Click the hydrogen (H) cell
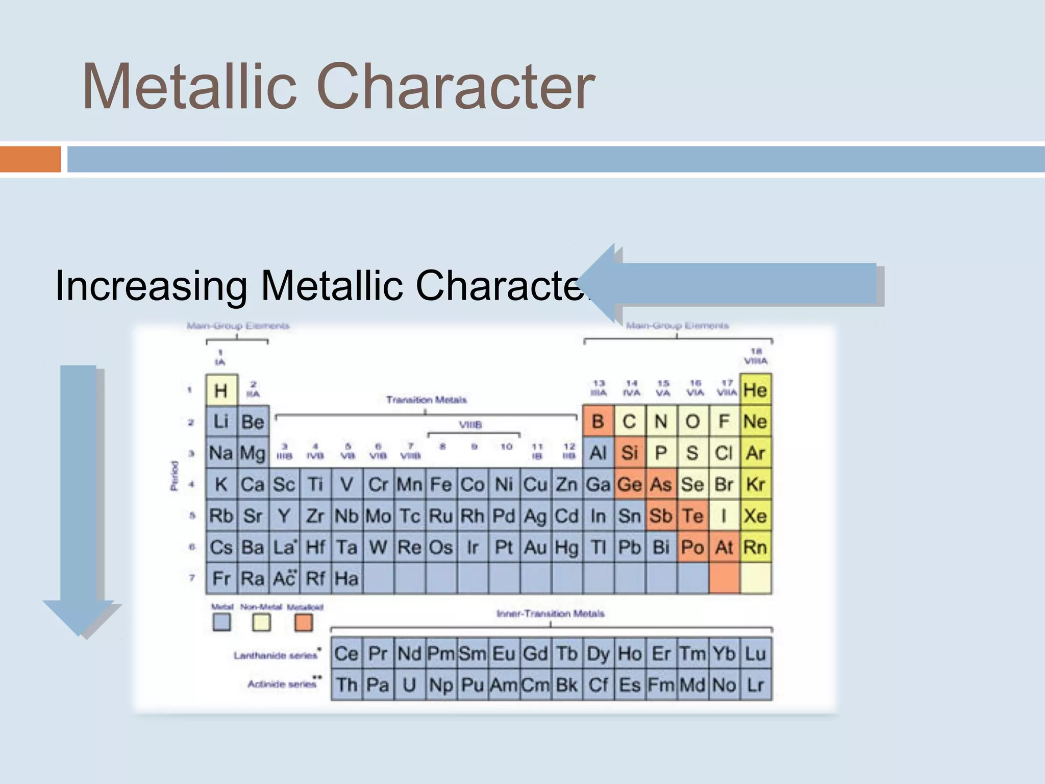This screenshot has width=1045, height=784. point(221,390)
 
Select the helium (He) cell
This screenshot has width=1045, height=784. point(755,390)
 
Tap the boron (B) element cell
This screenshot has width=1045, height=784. point(598,422)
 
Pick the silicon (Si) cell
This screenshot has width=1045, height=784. point(630,453)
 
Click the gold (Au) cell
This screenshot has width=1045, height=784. point(535,547)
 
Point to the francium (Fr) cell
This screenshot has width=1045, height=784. point(221,578)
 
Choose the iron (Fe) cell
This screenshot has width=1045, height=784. point(441,484)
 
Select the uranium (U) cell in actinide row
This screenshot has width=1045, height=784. point(409,685)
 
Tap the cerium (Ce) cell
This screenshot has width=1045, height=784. point(346,653)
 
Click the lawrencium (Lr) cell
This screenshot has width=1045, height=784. point(755,685)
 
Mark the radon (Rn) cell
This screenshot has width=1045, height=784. point(755,547)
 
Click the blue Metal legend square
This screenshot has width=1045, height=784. point(221,622)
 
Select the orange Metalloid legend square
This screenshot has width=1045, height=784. point(304,622)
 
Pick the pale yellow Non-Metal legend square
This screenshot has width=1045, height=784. point(262,622)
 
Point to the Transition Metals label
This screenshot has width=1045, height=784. point(426,400)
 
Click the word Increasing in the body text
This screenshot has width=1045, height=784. point(151,286)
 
